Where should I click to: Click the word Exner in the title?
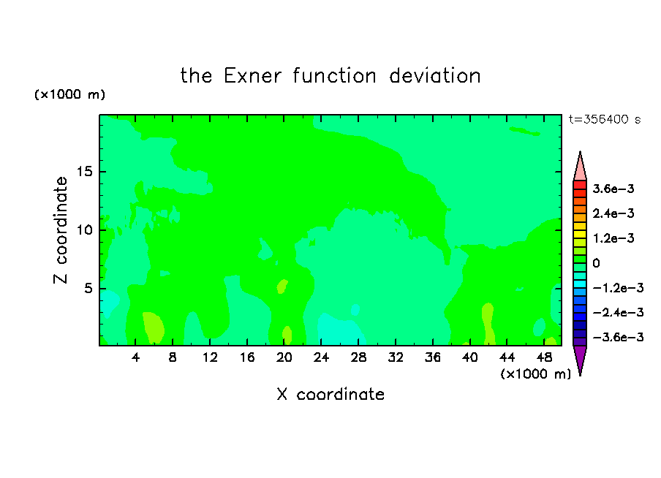pyautogui.click(x=252, y=76)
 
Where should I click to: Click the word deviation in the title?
pyautogui.click(x=434, y=76)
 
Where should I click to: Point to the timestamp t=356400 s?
pyautogui.click(x=605, y=119)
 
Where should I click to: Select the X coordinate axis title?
pyautogui.click(x=330, y=394)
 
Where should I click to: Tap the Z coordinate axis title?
pyautogui.click(x=61, y=229)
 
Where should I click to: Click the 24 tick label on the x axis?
pyautogui.click(x=321, y=357)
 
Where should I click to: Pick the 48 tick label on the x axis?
pyautogui.click(x=544, y=357)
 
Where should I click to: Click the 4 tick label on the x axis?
pyautogui.click(x=135, y=357)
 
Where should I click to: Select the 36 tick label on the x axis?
pyautogui.click(x=433, y=357)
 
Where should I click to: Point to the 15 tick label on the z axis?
pyautogui.click(x=84, y=172)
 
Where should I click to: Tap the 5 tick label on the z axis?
pyautogui.click(x=88, y=288)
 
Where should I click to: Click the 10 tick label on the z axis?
pyautogui.click(x=84, y=229)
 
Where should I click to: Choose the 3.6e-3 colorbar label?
pyautogui.click(x=613, y=189)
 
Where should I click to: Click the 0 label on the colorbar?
pyautogui.click(x=596, y=263)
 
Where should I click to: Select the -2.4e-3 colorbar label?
pyautogui.click(x=618, y=312)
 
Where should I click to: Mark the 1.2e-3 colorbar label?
pyautogui.click(x=613, y=238)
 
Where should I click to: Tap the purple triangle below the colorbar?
pyautogui.click(x=580, y=358)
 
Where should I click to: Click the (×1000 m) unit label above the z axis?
pyautogui.click(x=69, y=94)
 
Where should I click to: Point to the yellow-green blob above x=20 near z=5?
pyautogui.click(x=282, y=287)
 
